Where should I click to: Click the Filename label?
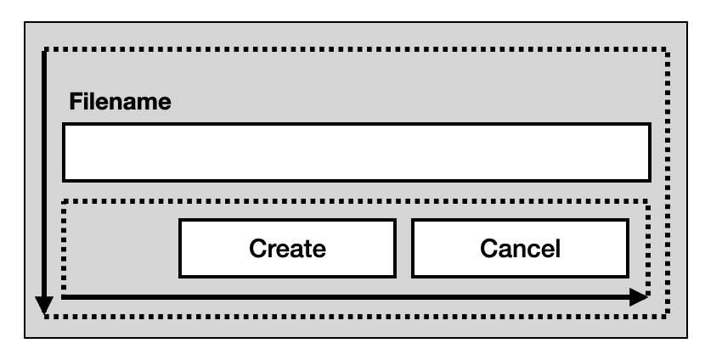120,103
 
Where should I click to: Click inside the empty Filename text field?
357,152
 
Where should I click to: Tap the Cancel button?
521,249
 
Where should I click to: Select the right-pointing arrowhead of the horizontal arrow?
638,297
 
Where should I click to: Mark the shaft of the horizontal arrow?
340,297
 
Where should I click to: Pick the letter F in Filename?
75,103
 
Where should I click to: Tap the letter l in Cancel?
557,249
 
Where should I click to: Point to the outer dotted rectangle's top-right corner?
668,48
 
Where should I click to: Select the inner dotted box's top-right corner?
648,201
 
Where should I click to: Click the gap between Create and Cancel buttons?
403,249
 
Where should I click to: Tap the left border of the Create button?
180,249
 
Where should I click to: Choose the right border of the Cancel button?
629,249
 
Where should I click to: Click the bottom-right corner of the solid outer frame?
686,337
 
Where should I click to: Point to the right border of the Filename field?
649,152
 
